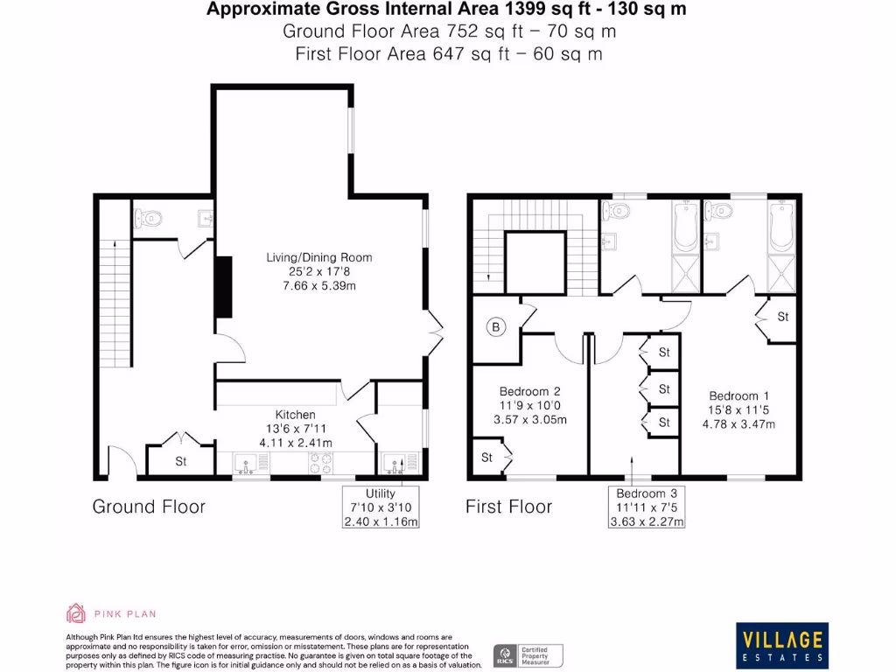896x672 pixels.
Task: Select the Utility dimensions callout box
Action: coord(381,507)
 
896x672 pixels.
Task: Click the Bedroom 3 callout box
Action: coord(647,507)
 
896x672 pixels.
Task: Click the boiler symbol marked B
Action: coord(497,328)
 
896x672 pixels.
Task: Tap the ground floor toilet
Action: coord(150,219)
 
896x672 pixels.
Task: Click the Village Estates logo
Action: coord(783,646)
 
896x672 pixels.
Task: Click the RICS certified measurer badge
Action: coord(528,655)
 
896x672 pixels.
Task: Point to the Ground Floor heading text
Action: coord(149,507)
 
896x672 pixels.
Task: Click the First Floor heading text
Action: coord(508,507)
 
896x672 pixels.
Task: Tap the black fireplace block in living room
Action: coord(224,287)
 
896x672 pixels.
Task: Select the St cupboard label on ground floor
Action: coord(180,461)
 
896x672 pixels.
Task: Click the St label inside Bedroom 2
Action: coord(487,457)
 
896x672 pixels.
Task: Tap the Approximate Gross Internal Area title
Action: coord(447,10)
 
